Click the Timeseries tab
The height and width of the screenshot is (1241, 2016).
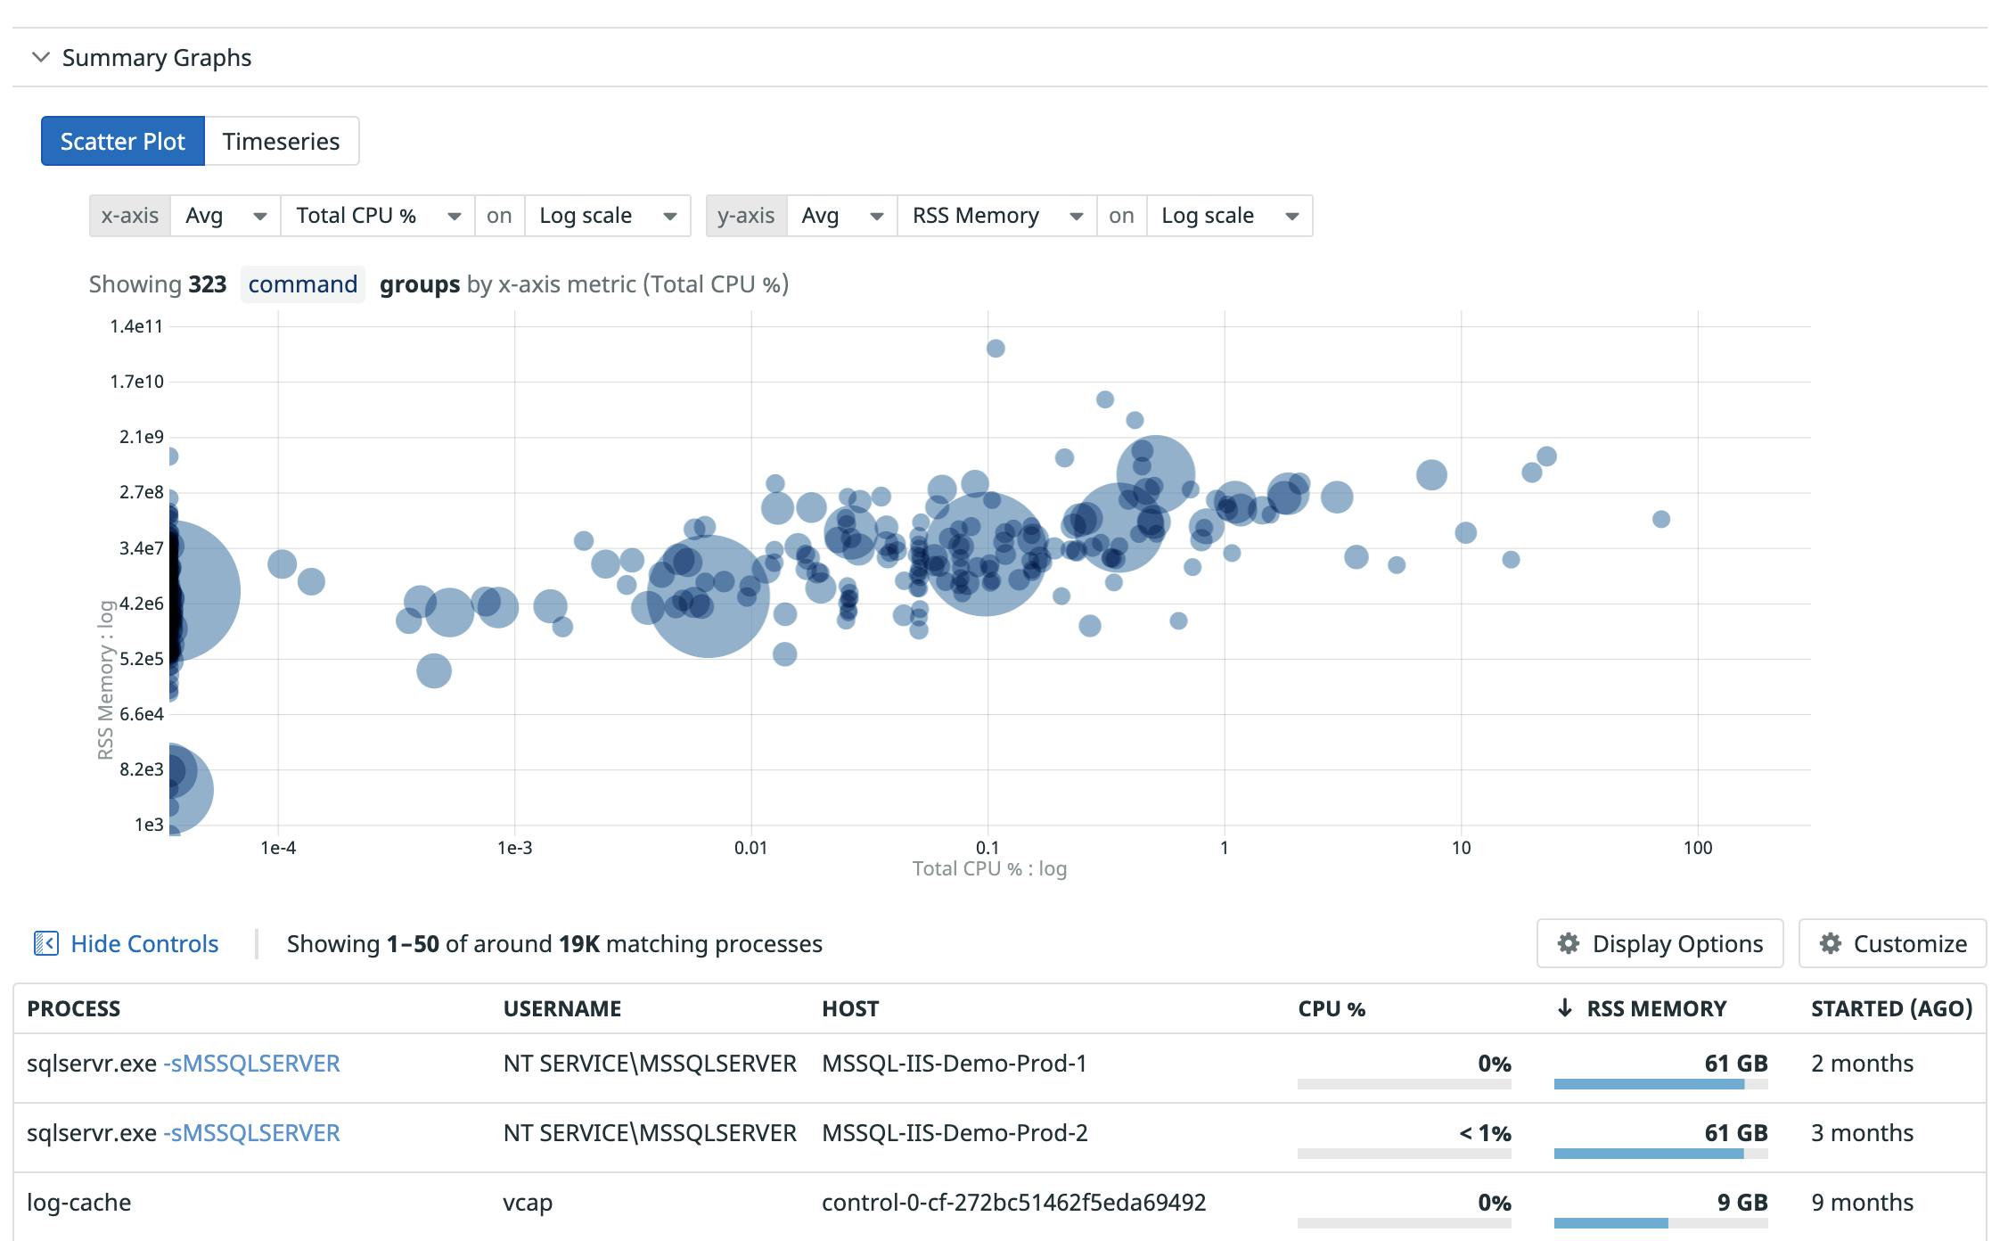point(281,141)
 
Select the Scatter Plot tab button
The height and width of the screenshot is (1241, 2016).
point(123,141)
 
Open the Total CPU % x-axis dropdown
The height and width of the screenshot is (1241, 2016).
point(378,216)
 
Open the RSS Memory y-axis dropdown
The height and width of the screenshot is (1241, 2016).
point(996,216)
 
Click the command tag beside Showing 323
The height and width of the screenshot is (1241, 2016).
point(302,284)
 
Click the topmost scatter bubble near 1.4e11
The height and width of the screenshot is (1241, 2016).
point(996,349)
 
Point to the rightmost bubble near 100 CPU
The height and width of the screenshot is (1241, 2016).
point(1660,519)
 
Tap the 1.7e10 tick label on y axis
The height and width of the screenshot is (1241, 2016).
point(136,382)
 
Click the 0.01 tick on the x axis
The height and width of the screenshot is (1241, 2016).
point(750,848)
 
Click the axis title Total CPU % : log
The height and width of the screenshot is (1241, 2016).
point(989,868)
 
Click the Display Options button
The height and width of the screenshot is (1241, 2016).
point(1660,943)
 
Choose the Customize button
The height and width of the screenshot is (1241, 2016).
point(1892,943)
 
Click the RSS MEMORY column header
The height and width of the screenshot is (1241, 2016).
point(1655,1008)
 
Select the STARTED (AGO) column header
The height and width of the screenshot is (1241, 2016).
point(1891,1008)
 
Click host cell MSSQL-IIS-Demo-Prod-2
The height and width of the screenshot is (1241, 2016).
point(955,1133)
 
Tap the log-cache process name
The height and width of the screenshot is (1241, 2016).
point(78,1203)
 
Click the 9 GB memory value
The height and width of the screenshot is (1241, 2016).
point(1741,1203)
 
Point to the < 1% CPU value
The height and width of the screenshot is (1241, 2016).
point(1485,1133)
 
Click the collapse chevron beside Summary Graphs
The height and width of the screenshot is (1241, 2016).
point(40,58)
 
